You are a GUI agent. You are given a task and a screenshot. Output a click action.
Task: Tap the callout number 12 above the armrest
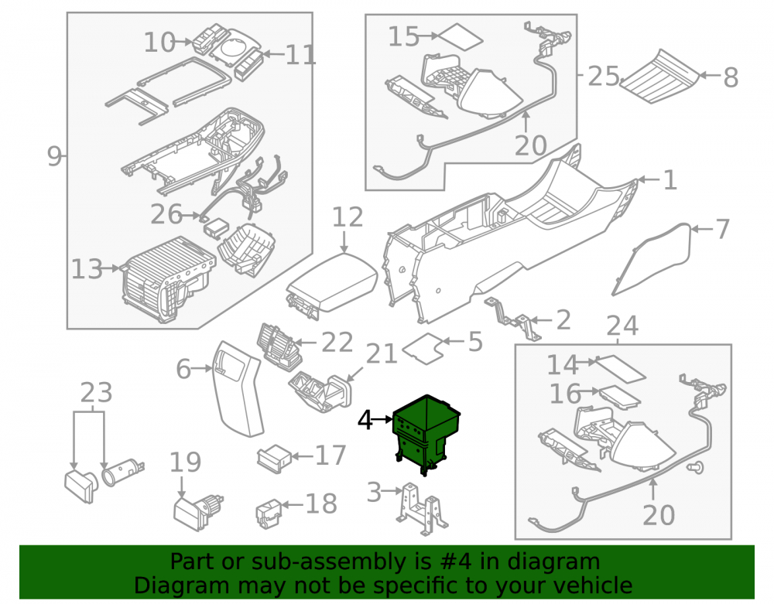point(348,217)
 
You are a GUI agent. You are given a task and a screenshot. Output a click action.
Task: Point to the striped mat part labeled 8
point(660,76)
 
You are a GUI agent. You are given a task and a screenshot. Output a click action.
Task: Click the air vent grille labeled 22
point(279,346)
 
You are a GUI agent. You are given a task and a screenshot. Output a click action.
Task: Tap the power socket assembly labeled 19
point(198,512)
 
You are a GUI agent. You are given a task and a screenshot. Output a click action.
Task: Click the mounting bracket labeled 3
point(423,509)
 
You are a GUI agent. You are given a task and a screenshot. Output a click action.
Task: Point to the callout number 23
point(96,392)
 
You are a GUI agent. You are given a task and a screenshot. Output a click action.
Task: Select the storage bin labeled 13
point(168,279)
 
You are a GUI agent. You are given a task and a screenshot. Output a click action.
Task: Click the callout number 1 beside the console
point(670,180)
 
